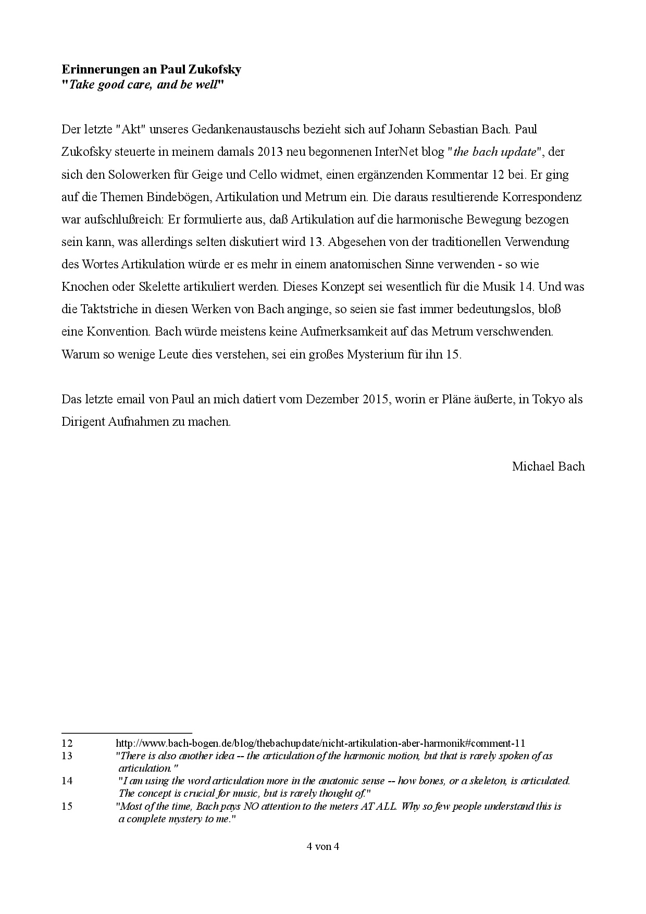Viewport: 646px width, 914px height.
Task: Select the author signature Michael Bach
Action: [548, 466]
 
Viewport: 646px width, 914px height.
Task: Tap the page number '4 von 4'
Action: [323, 846]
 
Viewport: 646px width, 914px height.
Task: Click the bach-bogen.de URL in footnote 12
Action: [320, 744]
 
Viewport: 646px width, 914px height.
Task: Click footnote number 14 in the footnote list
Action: [67, 781]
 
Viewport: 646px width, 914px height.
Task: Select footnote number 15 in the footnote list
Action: [67, 807]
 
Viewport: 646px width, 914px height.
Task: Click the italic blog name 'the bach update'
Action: [495, 152]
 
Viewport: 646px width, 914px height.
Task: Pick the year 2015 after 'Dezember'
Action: [376, 400]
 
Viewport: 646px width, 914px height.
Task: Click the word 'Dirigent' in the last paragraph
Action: [83, 422]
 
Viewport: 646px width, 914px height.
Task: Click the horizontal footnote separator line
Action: [127, 733]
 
